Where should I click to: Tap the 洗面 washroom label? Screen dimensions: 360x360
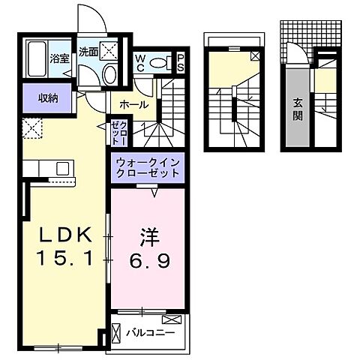pyautogui.click(x=88, y=52)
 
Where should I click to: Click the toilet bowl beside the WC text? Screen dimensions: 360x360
pyautogui.click(x=158, y=64)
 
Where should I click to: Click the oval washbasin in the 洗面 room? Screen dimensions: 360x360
pyautogui.click(x=109, y=74)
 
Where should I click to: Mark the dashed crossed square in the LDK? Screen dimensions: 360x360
pyautogui.click(x=31, y=129)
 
